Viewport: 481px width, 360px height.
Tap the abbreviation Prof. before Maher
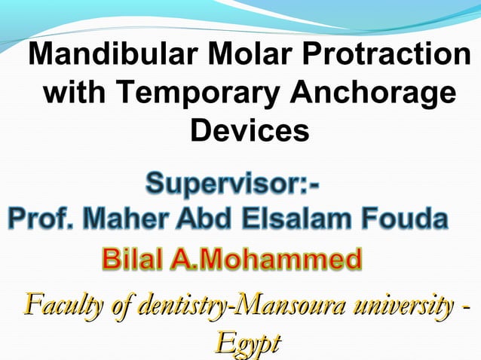click(41, 221)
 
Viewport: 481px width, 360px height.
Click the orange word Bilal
click(132, 260)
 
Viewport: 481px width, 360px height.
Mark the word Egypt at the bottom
click(247, 343)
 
